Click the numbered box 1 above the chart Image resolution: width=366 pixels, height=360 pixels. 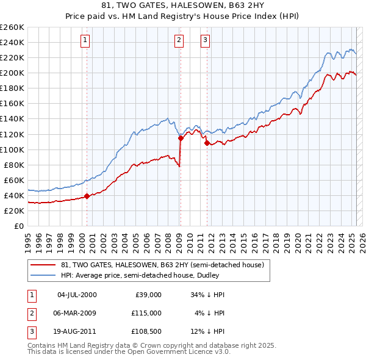coord(84,40)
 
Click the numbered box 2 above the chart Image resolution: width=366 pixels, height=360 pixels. coord(179,40)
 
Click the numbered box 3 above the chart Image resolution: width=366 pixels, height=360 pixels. coord(205,40)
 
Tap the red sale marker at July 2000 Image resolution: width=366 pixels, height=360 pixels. coord(87,196)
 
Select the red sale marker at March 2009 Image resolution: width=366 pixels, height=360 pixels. coord(181,138)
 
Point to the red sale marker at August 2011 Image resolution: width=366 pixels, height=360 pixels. coord(207,143)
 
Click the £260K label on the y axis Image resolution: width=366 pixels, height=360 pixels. coord(12,27)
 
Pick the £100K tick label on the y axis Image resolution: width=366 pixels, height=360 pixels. coord(12,149)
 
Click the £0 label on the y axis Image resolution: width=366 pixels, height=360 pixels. coord(17,226)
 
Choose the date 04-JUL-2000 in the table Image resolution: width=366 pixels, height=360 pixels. coord(77,295)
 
